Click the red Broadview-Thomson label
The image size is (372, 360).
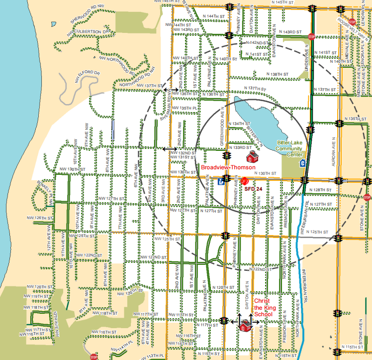pyautogui.click(x=228, y=168)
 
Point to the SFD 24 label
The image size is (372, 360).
pyautogui.click(x=253, y=190)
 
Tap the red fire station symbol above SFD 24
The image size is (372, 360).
pyautogui.click(x=244, y=182)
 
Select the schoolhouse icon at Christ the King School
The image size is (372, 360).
pyautogui.click(x=244, y=326)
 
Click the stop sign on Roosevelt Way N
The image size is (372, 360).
pyautogui.click(x=352, y=22)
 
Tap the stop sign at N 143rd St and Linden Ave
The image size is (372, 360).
pyautogui.click(x=312, y=36)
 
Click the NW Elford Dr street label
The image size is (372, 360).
pyautogui.click(x=88, y=76)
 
